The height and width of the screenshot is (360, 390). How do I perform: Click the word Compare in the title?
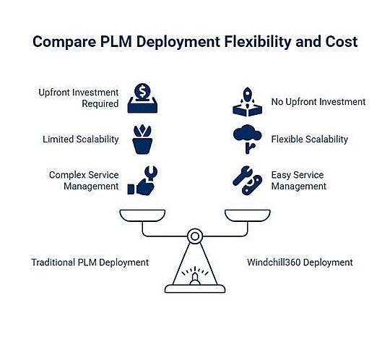pyautogui.click(x=64, y=42)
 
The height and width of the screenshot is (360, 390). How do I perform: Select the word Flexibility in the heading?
pyautogui.click(x=257, y=42)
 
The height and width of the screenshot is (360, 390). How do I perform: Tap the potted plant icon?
pyautogui.click(x=142, y=140)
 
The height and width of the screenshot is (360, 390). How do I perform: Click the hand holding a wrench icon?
pyautogui.click(x=142, y=181)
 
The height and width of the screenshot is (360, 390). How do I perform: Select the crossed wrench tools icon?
pyautogui.click(x=248, y=181)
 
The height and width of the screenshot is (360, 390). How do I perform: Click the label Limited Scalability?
pyautogui.click(x=81, y=140)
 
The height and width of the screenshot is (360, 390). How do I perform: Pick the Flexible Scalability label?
pyautogui.click(x=309, y=140)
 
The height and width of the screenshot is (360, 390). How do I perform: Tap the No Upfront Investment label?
pyautogui.click(x=318, y=102)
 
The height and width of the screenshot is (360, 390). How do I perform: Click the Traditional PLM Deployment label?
pyautogui.click(x=90, y=262)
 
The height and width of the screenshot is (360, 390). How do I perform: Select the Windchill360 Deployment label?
pyautogui.click(x=300, y=262)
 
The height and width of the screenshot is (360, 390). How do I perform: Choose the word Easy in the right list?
pyautogui.click(x=280, y=175)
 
